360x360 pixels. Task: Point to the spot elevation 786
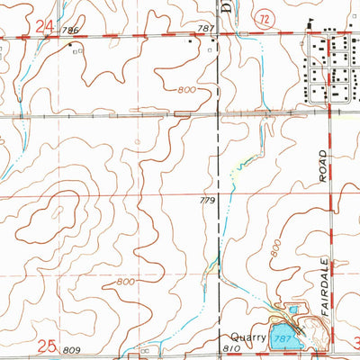(x=73, y=30)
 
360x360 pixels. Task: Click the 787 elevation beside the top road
(x=207, y=30)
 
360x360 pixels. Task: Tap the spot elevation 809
(x=73, y=348)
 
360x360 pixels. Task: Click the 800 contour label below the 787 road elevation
(x=186, y=90)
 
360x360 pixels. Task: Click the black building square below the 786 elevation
(x=69, y=43)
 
